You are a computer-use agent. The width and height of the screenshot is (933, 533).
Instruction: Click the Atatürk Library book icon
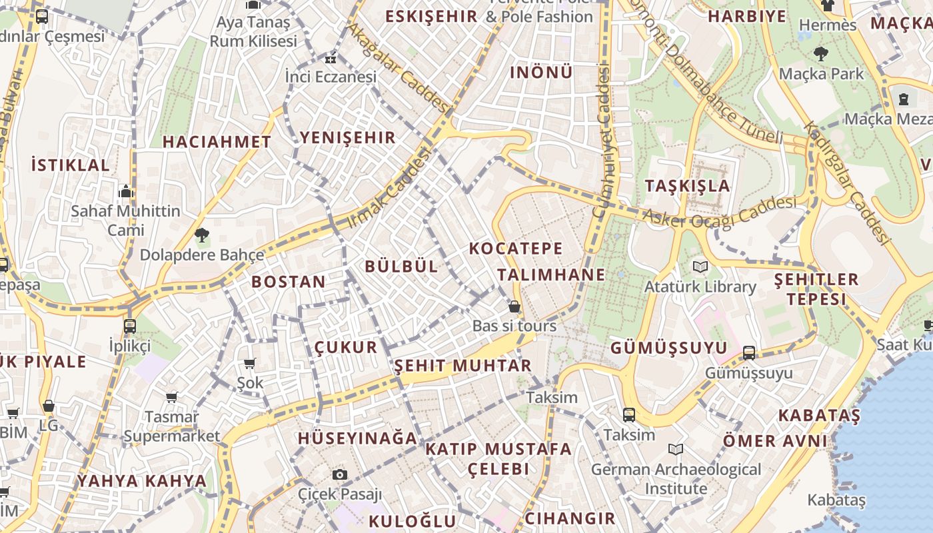[x=700, y=267]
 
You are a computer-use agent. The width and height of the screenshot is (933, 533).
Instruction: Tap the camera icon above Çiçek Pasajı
[x=340, y=474]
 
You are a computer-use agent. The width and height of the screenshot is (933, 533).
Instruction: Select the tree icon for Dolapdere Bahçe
[x=201, y=235]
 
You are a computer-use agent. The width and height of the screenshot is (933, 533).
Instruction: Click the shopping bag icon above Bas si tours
[x=514, y=306]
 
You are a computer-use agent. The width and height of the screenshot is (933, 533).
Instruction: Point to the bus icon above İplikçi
[x=129, y=326]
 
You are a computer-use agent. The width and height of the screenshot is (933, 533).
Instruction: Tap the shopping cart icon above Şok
[x=250, y=363]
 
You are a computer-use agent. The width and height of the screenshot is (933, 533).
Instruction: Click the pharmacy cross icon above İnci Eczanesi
[x=331, y=58]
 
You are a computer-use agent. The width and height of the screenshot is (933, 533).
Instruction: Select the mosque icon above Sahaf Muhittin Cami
[x=125, y=192]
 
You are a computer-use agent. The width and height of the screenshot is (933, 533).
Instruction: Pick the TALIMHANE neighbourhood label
[x=551, y=274]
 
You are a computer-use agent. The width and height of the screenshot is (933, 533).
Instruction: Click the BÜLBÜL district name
[x=401, y=266]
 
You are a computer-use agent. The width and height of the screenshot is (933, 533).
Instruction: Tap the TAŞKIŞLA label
[x=687, y=186]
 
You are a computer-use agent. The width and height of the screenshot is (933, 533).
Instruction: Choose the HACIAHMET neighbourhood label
[x=217, y=142]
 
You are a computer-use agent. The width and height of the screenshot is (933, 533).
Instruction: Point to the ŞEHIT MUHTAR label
[x=463, y=366]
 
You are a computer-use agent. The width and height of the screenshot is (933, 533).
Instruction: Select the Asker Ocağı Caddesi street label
[x=720, y=212]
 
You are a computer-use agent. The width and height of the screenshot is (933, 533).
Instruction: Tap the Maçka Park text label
[x=820, y=73]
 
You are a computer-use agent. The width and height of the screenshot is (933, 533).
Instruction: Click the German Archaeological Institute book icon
[x=676, y=450]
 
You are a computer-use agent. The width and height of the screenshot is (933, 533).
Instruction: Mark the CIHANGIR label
[x=570, y=518]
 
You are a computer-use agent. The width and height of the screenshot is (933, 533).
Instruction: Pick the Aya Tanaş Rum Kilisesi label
[x=253, y=31]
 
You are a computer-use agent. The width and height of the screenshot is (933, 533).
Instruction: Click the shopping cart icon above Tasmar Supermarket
[x=171, y=397]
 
